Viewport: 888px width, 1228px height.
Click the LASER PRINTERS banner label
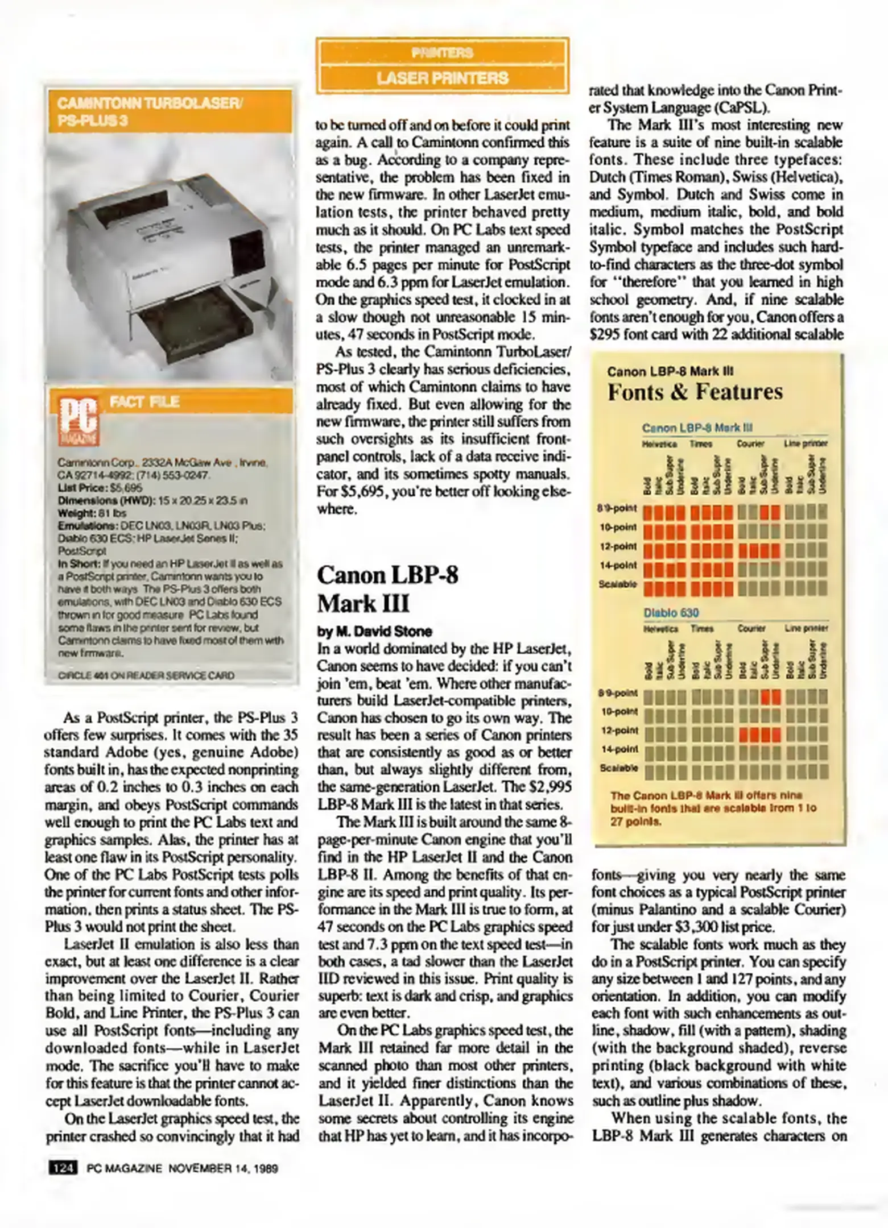[x=442, y=78]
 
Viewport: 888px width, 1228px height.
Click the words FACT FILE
[x=144, y=402]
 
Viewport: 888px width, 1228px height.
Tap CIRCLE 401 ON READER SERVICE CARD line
[x=146, y=675]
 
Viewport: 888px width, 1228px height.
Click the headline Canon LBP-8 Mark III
[x=387, y=588]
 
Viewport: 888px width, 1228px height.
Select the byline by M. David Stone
[x=374, y=631]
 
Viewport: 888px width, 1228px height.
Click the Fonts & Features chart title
[x=695, y=392]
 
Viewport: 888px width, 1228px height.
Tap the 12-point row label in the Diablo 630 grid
[x=619, y=731]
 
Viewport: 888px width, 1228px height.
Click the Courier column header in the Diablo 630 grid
[x=751, y=628]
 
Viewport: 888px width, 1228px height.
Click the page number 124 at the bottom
[x=62, y=1168]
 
